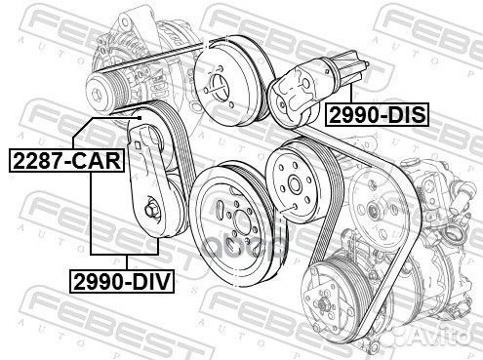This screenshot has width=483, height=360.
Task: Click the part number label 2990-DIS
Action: coord(377,115)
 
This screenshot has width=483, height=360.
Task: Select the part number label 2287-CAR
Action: coord(67,160)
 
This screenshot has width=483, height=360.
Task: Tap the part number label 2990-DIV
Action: coord(122,281)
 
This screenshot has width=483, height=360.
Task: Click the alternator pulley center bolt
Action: coord(97,94)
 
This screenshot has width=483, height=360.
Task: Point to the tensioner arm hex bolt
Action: coord(150,210)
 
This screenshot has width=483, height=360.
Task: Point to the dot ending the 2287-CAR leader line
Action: coord(140,118)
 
